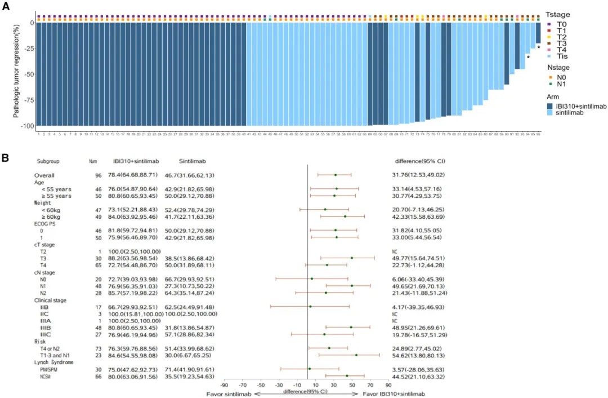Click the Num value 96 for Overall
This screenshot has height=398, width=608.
[98, 175]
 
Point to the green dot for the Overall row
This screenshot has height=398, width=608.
[335, 175]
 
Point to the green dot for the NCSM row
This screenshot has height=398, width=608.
[347, 375]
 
